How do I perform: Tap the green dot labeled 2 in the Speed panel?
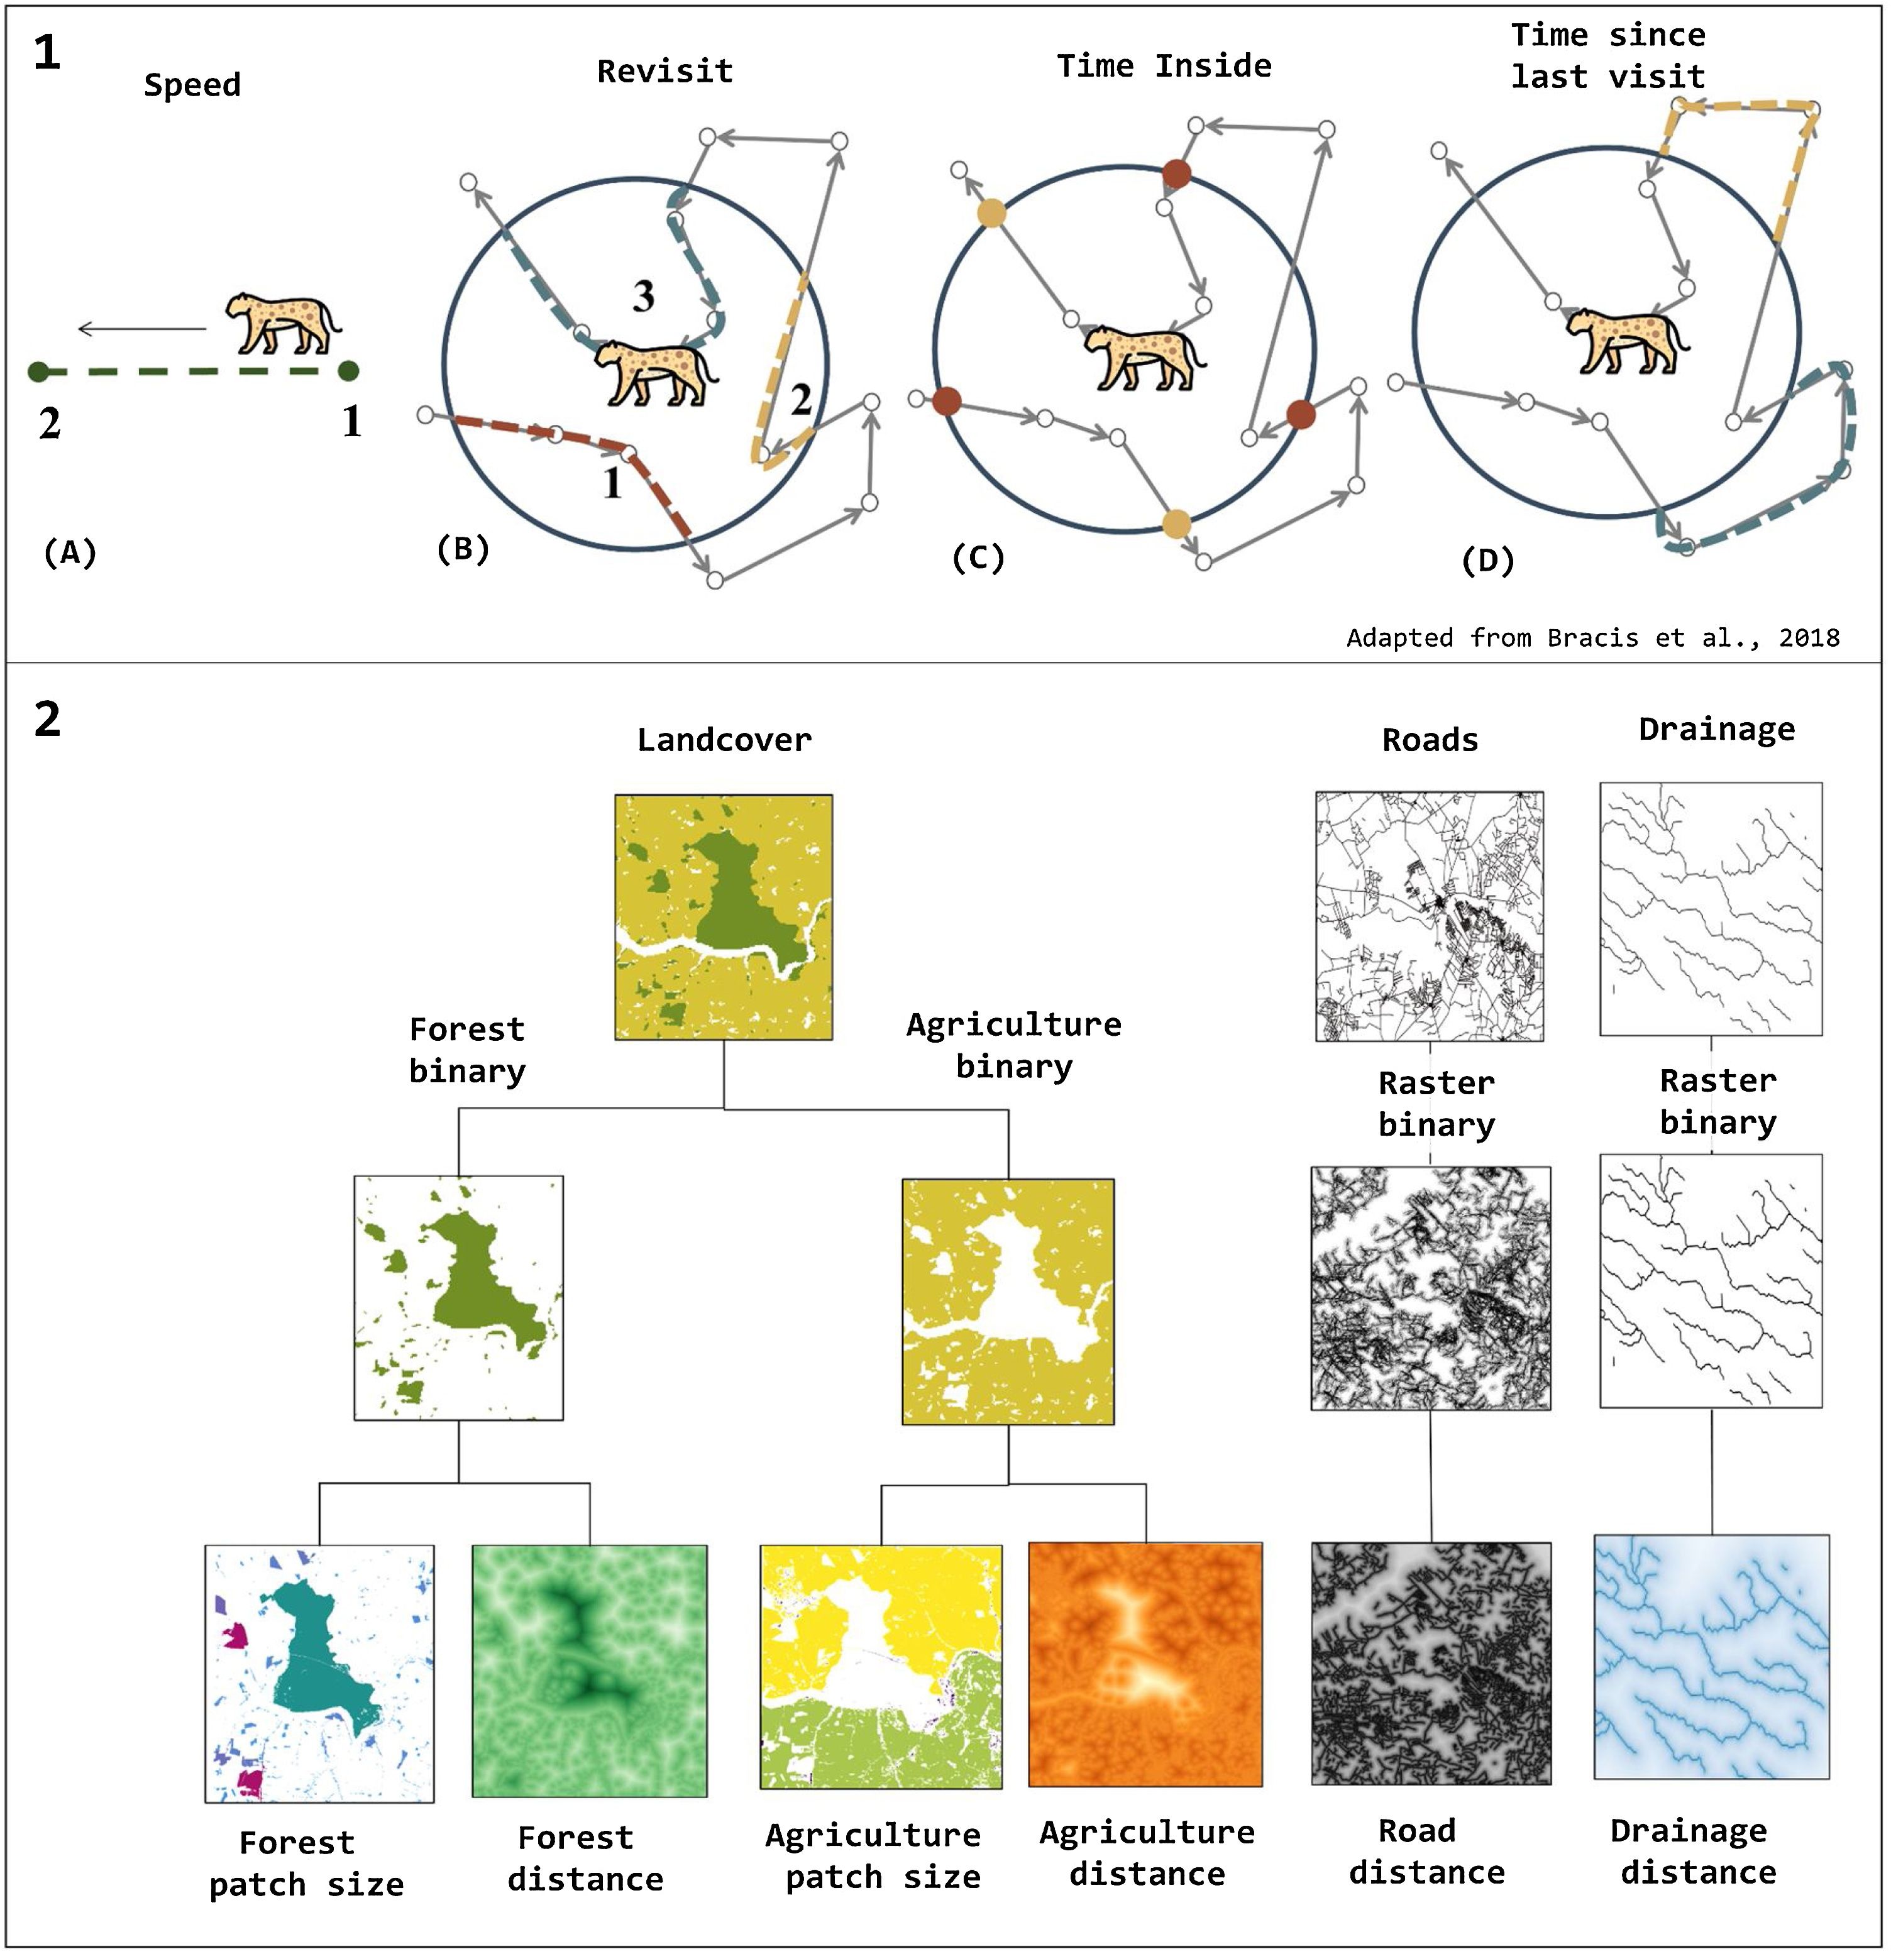click(38, 372)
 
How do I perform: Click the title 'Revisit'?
click(664, 72)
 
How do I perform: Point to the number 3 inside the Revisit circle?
click(643, 296)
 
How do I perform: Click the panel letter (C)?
click(978, 558)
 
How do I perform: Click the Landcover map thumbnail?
click(723, 917)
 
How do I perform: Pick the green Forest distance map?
click(590, 1672)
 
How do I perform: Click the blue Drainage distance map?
click(1711, 1657)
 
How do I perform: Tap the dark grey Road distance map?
click(1431, 1664)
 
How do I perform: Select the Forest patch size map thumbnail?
click(319, 1675)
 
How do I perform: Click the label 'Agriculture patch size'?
click(874, 1857)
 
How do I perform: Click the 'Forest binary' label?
click(466, 1050)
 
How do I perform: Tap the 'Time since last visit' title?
click(1607, 56)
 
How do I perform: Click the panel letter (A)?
click(70, 552)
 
